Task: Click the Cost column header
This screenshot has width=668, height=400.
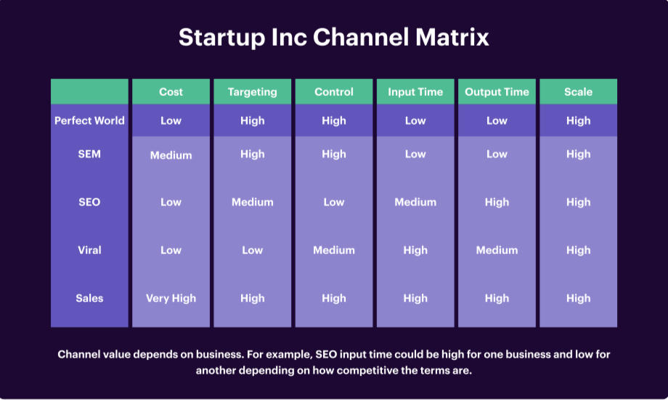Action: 171,92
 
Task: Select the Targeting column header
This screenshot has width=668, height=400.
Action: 252,92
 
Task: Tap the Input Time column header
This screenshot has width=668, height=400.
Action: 415,92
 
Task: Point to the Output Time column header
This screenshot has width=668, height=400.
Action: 497,92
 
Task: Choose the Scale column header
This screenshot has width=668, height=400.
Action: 578,92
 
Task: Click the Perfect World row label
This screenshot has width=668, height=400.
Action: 89,121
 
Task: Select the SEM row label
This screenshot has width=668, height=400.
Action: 89,154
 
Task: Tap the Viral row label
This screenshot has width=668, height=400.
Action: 89,250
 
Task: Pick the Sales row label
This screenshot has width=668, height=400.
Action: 89,298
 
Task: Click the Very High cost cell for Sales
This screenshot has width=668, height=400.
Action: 171,298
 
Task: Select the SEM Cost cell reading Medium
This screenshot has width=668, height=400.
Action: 171,155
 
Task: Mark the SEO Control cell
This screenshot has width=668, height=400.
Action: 334,202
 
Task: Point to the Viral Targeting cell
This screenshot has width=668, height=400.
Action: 252,250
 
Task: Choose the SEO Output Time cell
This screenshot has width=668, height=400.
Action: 497,202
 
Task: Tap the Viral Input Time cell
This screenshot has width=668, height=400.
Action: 415,250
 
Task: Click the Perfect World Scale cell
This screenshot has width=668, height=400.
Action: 578,121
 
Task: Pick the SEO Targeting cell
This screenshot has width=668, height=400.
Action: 252,202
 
